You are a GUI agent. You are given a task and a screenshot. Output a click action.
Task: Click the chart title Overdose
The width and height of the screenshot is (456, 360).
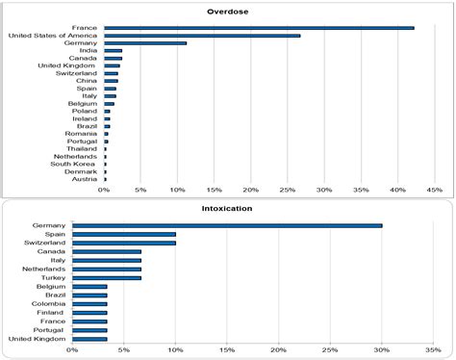230,12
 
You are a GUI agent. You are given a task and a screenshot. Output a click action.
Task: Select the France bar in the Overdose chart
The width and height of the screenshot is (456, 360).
259,28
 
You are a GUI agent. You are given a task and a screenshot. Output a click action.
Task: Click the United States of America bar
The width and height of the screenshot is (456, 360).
202,36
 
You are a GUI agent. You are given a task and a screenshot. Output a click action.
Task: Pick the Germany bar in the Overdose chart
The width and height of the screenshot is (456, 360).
145,43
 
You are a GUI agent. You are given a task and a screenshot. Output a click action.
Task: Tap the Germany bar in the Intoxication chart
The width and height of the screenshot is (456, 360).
227,226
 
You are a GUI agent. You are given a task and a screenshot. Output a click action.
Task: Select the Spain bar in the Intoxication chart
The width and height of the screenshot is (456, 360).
124,234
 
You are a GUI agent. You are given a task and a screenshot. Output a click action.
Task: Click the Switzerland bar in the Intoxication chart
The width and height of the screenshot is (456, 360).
124,243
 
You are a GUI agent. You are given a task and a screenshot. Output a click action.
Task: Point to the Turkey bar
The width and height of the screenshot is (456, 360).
107,278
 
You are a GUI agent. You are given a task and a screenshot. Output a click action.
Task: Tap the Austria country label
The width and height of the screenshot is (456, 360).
85,179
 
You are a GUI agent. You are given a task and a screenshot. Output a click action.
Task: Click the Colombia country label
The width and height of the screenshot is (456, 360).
48,304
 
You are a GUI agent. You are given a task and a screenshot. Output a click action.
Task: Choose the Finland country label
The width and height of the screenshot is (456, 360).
51,313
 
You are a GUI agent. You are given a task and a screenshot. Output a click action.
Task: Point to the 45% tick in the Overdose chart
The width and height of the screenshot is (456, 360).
434,190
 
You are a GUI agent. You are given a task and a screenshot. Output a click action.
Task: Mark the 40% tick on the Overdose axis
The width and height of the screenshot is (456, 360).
397,190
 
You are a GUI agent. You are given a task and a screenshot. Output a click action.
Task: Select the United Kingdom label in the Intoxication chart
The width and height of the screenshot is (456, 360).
38,339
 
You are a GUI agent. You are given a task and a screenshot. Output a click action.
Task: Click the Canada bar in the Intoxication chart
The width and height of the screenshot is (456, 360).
107,251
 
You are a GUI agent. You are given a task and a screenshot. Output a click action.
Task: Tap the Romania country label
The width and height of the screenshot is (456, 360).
80,134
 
